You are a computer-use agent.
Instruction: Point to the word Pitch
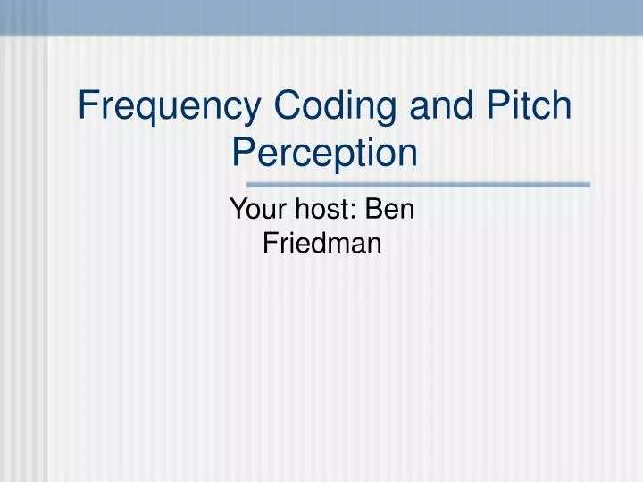tap(529, 106)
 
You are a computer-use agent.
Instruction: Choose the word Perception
tap(325, 153)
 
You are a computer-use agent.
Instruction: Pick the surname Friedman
tap(322, 242)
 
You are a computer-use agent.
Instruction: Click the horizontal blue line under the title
tap(447, 185)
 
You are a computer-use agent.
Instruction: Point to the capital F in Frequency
tap(88, 106)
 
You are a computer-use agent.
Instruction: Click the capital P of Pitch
tap(497, 106)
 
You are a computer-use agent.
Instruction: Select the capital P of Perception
tap(243, 153)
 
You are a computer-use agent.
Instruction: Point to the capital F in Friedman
tap(269, 242)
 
